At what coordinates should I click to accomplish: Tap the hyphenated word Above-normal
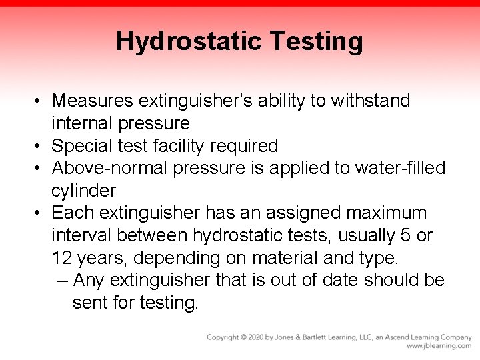109,168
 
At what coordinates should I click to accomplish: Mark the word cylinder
83,191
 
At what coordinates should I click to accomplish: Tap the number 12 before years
63,258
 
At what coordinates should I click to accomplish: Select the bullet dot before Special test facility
41,145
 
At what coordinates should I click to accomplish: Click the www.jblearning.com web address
439,346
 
